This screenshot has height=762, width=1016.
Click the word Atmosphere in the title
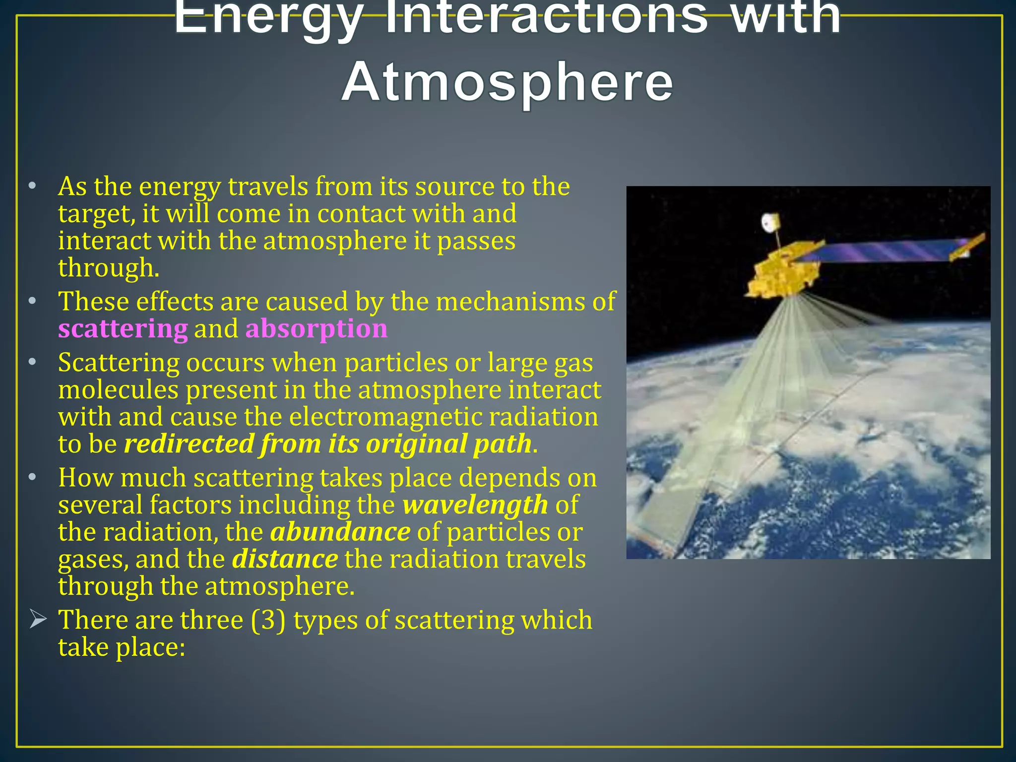tap(507, 83)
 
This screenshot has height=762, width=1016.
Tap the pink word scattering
tap(123, 329)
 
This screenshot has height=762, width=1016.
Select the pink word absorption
tap(316, 329)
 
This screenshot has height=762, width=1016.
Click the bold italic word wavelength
tap(475, 505)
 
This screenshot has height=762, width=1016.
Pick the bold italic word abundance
tap(340, 532)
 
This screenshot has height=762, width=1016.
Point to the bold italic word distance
tap(285, 559)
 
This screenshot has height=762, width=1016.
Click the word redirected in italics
tap(189, 444)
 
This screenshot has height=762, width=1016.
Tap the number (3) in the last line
tap(268, 620)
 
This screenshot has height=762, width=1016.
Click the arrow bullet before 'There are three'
tap(38, 619)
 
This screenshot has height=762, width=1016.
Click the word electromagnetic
tap(385, 417)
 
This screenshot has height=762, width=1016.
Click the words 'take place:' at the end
tap(122, 647)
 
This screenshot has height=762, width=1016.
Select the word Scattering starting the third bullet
tap(119, 363)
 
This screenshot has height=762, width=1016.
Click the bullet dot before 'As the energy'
tap(32, 187)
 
